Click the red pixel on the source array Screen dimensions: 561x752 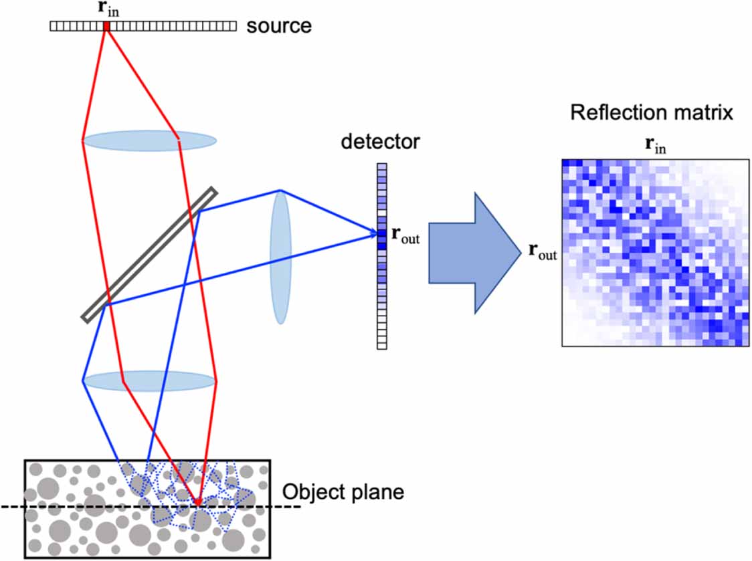(106, 26)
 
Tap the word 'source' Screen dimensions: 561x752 (279, 26)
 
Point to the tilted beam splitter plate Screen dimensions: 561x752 (149, 254)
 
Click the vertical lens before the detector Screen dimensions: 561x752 (281, 257)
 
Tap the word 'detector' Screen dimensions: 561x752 (380, 142)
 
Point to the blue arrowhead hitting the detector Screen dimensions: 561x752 (372, 234)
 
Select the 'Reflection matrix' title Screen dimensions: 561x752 (652, 112)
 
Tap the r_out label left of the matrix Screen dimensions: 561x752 (543, 252)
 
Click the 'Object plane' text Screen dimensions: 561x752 (343, 493)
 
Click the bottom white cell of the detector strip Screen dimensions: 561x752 (382, 344)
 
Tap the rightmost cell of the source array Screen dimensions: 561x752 (233, 26)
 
